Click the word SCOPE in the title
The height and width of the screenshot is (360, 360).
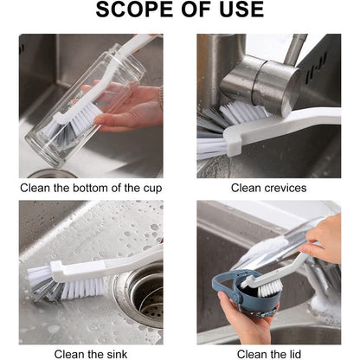tap(135, 10)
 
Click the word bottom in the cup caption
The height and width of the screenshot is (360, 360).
tap(91, 188)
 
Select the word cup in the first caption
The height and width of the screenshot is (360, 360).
tap(152, 190)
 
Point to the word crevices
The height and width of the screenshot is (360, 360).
tap(286, 188)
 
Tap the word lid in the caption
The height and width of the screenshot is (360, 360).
tap(294, 354)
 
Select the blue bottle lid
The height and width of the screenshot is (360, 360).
tap(242, 292)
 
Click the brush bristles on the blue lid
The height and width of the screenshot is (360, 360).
tap(270, 288)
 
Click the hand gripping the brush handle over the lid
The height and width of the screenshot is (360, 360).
tap(323, 241)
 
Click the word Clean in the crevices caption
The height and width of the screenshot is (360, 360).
tap(246, 188)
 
